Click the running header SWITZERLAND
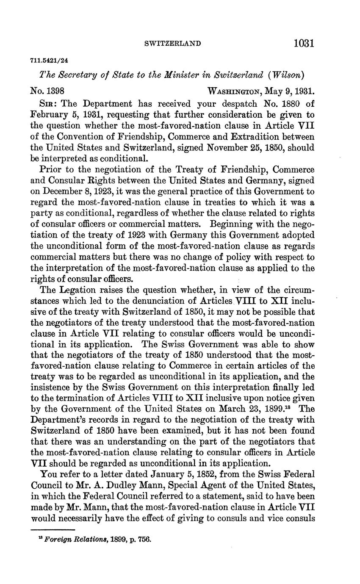(x=172, y=44)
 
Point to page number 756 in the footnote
(x=144, y=540)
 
